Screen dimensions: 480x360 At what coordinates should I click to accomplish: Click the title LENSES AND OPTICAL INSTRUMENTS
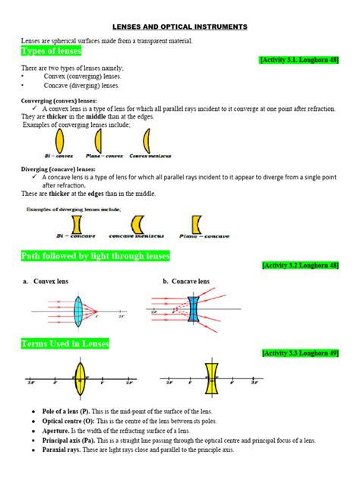[x=180, y=27]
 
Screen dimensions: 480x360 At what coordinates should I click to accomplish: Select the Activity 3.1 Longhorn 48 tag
[x=298, y=59]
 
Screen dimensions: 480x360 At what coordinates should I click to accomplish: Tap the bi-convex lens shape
[x=58, y=141]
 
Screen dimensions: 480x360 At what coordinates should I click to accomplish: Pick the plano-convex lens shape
[x=103, y=141]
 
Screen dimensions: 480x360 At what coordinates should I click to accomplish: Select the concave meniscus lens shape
[x=137, y=224]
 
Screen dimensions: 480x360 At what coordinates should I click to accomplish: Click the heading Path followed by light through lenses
[x=96, y=256]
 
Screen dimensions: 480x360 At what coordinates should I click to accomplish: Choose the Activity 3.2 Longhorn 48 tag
[x=299, y=266]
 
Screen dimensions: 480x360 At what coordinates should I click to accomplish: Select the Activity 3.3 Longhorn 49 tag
[x=299, y=354]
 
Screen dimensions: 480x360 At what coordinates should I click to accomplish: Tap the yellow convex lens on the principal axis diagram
[x=81, y=381]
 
